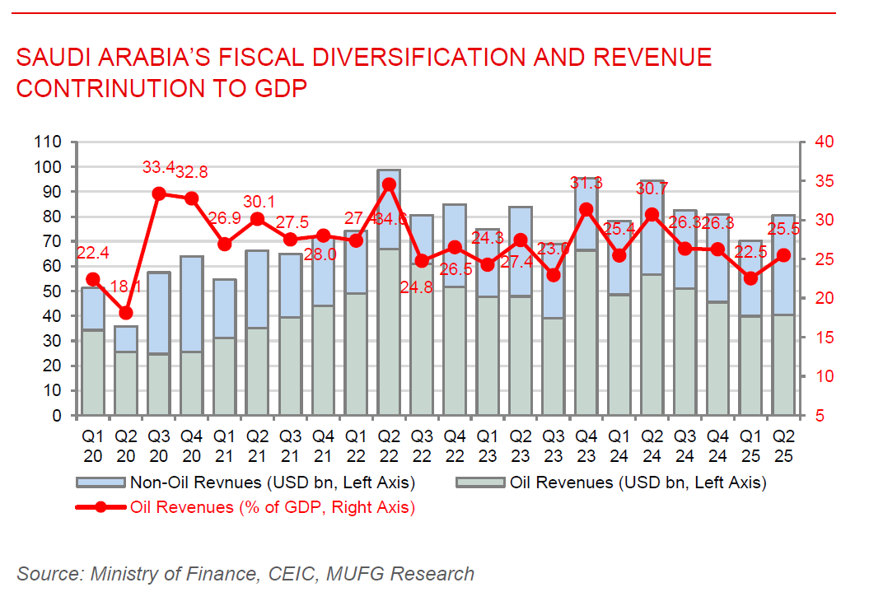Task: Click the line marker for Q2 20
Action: pos(126,313)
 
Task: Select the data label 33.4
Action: pos(158,168)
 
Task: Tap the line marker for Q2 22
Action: pos(389,184)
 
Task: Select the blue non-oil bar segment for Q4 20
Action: pos(191,304)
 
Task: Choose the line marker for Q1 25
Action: pos(750,278)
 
